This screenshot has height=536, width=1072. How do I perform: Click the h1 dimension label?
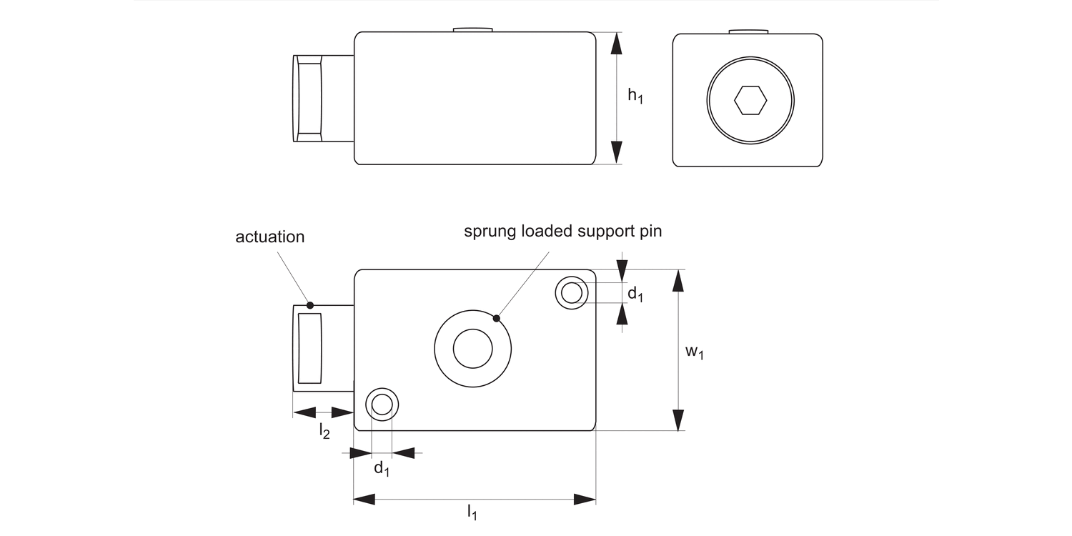[635, 96]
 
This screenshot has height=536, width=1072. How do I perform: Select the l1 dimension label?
[472, 512]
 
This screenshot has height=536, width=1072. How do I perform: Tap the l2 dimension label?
[324, 431]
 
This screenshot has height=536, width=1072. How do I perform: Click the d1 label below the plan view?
[382, 469]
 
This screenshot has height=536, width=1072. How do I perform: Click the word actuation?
[270, 237]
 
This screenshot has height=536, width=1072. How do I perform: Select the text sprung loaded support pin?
[563, 232]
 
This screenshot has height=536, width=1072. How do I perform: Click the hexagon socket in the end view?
[750, 101]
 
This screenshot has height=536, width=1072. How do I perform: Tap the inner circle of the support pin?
[473, 349]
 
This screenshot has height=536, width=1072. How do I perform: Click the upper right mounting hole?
[572, 293]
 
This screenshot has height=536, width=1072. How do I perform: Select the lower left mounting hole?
[382, 405]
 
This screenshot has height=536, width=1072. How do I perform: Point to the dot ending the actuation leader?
[310, 305]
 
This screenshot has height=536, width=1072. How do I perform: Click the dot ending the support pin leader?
[496, 317]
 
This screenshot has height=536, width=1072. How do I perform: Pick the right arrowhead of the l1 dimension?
[585, 499]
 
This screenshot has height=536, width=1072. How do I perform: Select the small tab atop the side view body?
[473, 29]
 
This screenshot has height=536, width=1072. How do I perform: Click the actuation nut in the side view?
[309, 99]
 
